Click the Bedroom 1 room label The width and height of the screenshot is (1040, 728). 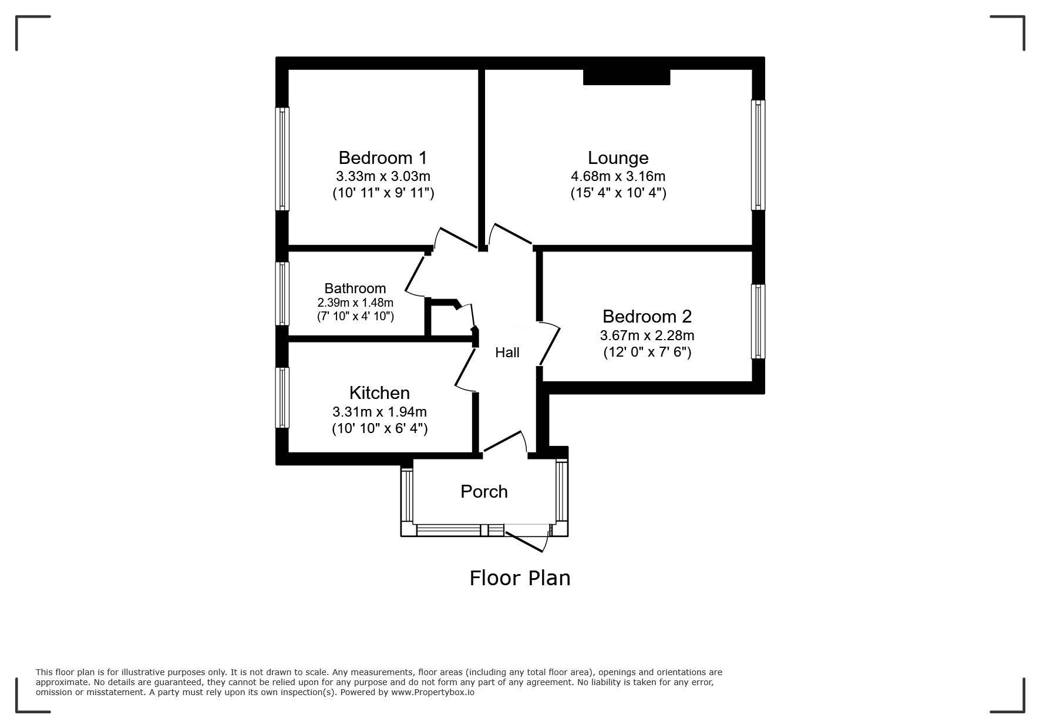(x=383, y=157)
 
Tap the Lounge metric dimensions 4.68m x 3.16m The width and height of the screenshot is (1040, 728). (x=618, y=176)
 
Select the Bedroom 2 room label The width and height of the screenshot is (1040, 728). (x=647, y=317)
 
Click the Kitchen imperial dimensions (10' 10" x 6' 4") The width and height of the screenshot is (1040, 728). (x=379, y=428)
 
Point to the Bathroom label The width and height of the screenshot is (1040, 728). (x=355, y=288)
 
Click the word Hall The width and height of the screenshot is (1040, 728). (x=507, y=353)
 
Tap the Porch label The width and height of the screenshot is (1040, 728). (x=484, y=492)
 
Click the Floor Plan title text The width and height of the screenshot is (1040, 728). (x=520, y=578)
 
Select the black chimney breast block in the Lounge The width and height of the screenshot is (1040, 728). (x=627, y=77)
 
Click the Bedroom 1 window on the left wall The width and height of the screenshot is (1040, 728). (x=283, y=159)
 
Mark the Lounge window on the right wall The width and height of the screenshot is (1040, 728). (x=758, y=155)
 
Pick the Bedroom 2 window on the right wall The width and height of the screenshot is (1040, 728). (x=758, y=321)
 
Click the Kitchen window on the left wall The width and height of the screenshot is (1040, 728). (x=283, y=398)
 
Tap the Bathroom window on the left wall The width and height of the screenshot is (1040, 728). (x=283, y=293)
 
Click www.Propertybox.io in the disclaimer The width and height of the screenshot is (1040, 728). (x=433, y=692)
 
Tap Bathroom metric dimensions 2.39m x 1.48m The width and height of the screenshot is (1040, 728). (x=355, y=303)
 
